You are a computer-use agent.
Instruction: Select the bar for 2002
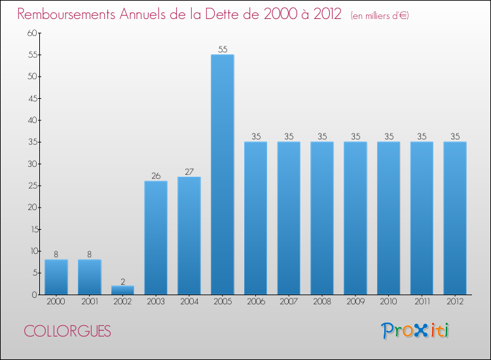coord(122,290)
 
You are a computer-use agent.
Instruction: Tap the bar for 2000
coord(56,277)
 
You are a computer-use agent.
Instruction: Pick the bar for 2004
coord(189,236)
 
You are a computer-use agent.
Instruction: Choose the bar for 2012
coord(455,218)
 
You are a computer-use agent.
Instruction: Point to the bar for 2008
coord(322,218)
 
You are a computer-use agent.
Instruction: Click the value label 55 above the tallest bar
coord(223,49)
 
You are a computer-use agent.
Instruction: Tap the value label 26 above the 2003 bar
coord(156,175)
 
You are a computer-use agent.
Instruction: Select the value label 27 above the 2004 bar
coord(189,171)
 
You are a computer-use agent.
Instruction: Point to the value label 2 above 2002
coord(122,281)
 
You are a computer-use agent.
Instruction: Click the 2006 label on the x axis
coord(256,302)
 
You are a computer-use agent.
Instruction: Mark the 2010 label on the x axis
coord(389,302)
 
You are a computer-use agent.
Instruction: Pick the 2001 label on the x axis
coord(90,302)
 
